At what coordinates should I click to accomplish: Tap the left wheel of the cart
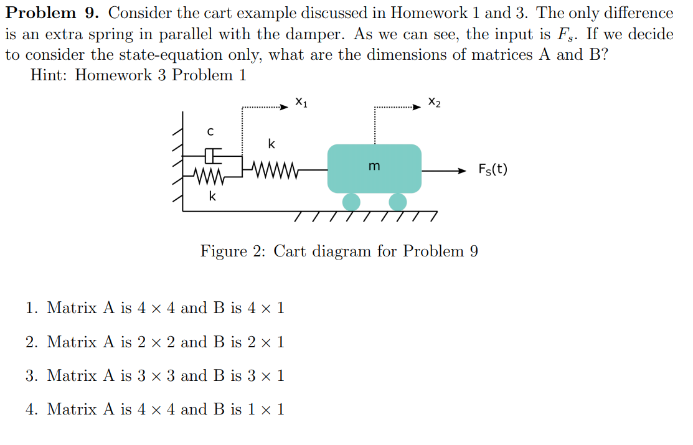tap(351, 202)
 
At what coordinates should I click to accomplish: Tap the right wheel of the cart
tap(397, 202)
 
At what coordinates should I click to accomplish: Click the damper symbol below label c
tap(212, 154)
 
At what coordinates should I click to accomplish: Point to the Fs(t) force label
tap(493, 169)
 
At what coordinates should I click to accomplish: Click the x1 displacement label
tap(301, 101)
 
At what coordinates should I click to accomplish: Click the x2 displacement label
tap(435, 101)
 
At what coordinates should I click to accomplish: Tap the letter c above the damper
tap(210, 131)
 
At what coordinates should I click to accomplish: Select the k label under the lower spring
tap(213, 197)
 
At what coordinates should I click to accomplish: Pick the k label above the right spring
tap(271, 144)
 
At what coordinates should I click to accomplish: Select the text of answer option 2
tap(166, 342)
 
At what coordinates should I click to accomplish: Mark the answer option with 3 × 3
tap(166, 375)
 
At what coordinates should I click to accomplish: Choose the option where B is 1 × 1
tap(166, 409)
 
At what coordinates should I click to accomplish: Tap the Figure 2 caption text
tap(339, 251)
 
